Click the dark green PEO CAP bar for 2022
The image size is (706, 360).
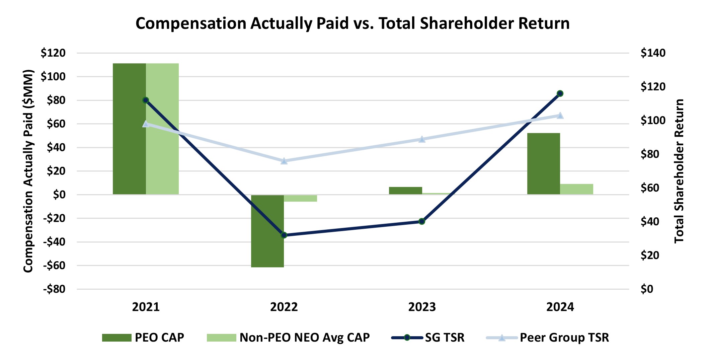tap(267, 231)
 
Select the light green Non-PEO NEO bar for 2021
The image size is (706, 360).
tap(162, 129)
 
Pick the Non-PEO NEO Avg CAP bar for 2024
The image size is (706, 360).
tap(576, 189)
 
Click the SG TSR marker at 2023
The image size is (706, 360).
tap(422, 221)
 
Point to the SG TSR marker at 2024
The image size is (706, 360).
tap(560, 93)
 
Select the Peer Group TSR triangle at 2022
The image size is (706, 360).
tap(284, 161)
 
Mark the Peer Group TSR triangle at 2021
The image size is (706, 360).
tap(146, 124)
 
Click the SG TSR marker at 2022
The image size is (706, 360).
tap(284, 235)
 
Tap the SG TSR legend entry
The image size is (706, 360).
tap(428, 338)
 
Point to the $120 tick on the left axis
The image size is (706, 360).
tap(53, 53)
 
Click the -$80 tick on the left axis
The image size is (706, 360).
tap(54, 289)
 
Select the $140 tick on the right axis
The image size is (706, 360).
tap(653, 53)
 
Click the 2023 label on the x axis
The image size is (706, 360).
tap(422, 307)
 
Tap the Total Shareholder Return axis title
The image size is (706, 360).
tap(679, 171)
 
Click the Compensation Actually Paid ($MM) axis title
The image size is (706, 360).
tap(29, 171)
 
